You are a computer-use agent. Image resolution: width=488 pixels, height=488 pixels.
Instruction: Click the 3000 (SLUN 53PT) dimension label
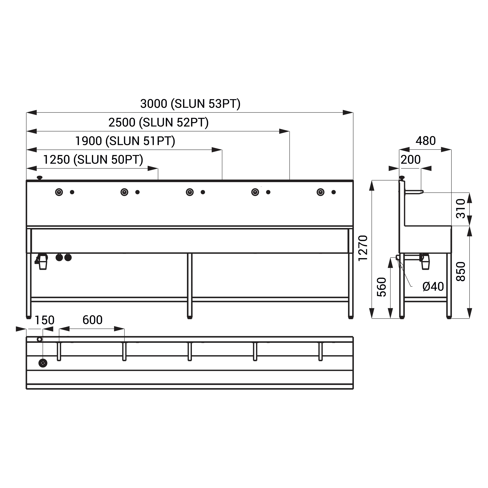190,104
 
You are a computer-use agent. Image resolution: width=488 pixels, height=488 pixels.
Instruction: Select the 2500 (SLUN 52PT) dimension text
158,123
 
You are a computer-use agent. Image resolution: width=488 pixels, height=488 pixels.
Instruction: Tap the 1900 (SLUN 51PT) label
125,141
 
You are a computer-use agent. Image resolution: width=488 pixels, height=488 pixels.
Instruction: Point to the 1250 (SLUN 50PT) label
93,160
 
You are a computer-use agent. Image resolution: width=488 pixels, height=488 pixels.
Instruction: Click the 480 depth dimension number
426,141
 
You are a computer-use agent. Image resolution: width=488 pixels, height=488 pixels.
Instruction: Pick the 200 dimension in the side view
411,160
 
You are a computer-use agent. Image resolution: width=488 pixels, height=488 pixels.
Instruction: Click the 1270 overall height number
363,248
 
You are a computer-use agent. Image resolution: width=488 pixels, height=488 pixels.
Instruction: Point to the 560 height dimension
381,287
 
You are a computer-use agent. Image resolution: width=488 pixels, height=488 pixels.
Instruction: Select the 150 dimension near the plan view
44,320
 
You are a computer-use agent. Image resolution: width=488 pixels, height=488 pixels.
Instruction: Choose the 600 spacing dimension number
92,320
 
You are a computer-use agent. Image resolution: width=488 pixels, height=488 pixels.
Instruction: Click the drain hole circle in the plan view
43,363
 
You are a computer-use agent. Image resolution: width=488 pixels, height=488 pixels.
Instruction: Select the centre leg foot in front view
190,318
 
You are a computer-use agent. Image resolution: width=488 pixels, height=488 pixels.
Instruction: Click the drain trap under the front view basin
42,261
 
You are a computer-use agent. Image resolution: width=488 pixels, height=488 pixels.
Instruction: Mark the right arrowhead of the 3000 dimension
348,112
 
